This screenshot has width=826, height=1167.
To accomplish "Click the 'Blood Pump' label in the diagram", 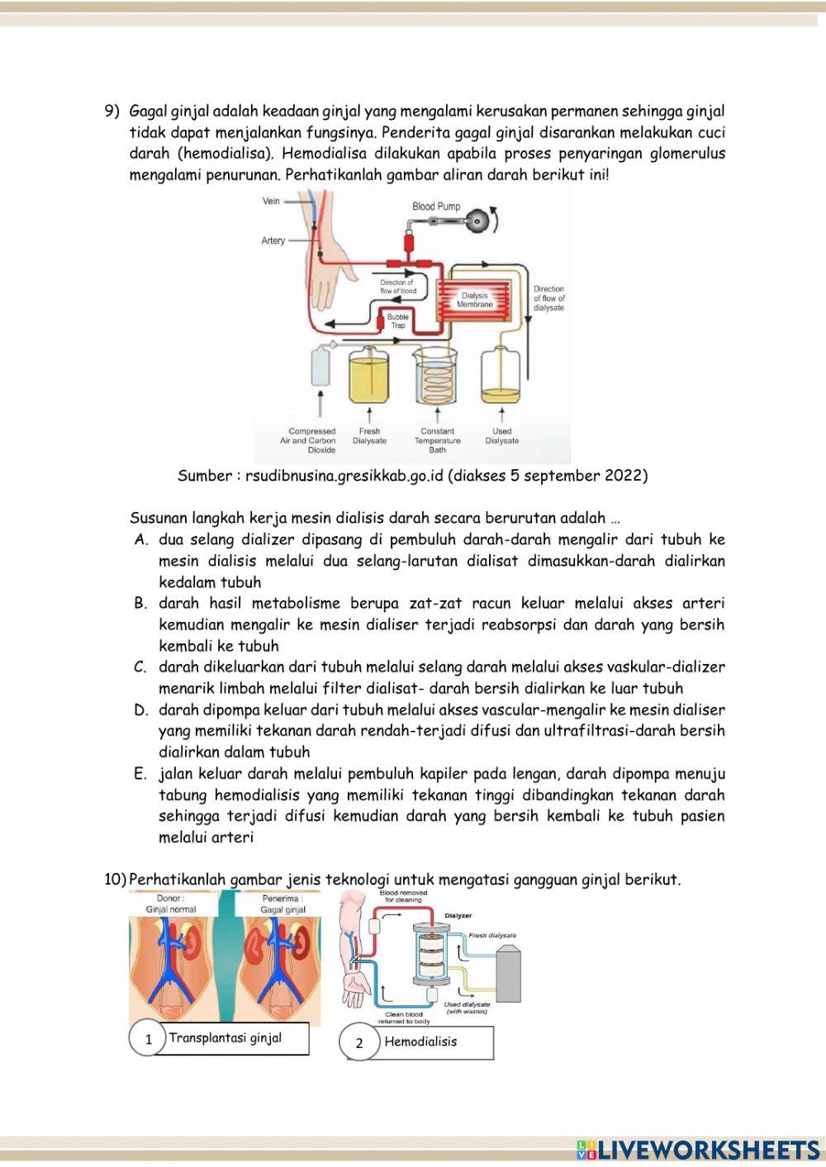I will click(436, 206).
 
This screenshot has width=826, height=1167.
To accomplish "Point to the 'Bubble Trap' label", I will click(398, 321).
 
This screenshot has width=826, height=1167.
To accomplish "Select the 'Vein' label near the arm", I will click(271, 201).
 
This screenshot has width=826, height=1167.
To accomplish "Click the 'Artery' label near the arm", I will click(273, 241).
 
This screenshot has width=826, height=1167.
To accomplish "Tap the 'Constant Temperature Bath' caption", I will click(437, 440).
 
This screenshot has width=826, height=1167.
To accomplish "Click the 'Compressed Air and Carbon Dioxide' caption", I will click(311, 440).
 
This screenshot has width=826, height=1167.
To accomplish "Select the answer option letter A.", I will click(140, 540).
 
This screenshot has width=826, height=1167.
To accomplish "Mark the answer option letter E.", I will click(140, 775).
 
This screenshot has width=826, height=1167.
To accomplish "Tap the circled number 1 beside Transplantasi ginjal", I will click(149, 1039).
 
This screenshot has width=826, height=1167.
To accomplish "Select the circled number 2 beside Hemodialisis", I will click(359, 1043).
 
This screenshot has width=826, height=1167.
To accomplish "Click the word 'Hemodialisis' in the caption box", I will click(420, 1041).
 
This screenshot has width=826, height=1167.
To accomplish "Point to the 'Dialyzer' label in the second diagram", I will click(458, 915).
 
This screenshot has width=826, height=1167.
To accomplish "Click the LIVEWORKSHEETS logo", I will click(698, 1149).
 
